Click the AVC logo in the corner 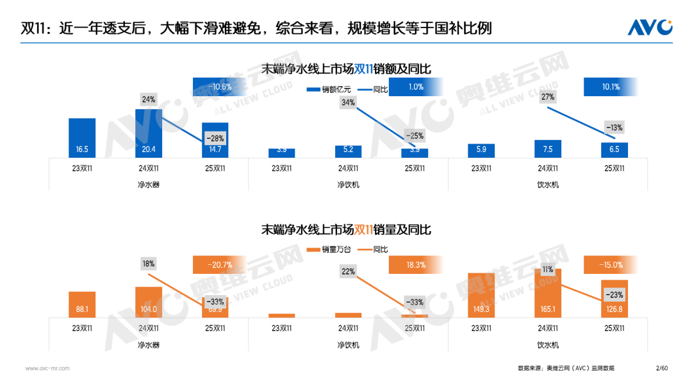pyautogui.click(x=649, y=27)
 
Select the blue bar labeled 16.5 pyautogui.click(x=82, y=138)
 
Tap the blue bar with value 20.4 pyautogui.click(x=149, y=133)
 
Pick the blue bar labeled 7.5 pyautogui.click(x=548, y=149)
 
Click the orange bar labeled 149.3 pyautogui.click(x=481, y=295)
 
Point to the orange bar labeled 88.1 pyautogui.click(x=82, y=305)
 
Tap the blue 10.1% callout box pyautogui.click(x=611, y=87)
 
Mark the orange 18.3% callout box pyautogui.click(x=415, y=265)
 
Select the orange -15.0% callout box pyautogui.click(x=611, y=265)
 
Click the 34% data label pyautogui.click(x=348, y=102)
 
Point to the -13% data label pyautogui.click(x=614, y=127)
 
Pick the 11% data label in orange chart pyautogui.click(x=547, y=270)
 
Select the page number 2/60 pyautogui.click(x=662, y=368)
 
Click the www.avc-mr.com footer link pyautogui.click(x=47, y=368)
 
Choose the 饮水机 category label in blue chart pyautogui.click(x=548, y=185)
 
